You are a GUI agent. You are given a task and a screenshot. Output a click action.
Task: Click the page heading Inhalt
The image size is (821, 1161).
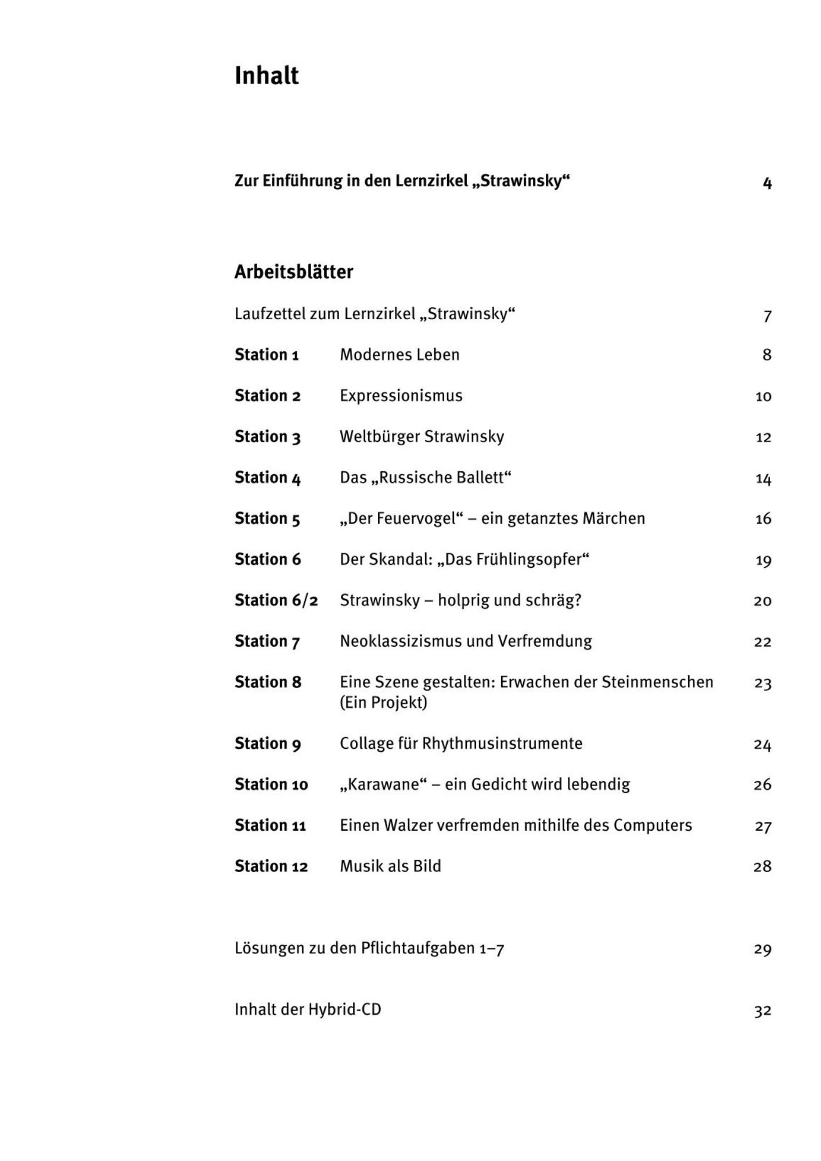click(267, 75)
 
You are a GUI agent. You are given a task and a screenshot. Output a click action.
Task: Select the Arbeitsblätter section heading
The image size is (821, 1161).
click(294, 272)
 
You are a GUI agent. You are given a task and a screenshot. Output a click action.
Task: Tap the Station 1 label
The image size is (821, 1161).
click(267, 355)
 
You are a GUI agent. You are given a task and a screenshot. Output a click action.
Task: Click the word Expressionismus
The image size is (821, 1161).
click(401, 396)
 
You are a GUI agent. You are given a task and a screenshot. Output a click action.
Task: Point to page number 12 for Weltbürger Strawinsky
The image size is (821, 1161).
click(763, 437)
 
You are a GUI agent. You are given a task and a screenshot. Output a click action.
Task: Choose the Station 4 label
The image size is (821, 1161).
click(268, 478)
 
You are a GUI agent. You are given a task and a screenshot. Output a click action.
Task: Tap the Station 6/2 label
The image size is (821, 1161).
click(276, 600)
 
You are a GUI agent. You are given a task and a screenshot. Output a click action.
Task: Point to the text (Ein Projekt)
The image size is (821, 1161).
click(383, 702)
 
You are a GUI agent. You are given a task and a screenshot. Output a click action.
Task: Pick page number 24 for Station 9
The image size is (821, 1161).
click(762, 744)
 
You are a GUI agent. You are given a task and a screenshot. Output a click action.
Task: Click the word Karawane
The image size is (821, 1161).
click(383, 784)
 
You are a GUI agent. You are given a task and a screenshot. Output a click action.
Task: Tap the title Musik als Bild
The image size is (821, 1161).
click(390, 866)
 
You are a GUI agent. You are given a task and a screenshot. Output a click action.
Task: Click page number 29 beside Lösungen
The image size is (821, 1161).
click(762, 949)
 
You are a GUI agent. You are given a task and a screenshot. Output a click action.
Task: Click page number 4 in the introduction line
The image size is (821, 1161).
click(767, 183)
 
